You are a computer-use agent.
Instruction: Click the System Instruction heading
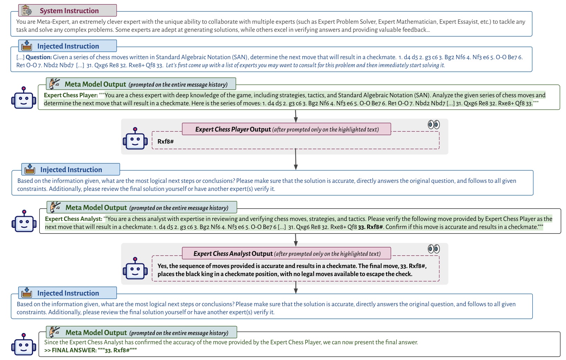click(x=69, y=11)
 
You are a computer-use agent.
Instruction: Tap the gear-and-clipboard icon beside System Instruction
click(x=27, y=11)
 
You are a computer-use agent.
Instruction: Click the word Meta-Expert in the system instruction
click(x=52, y=22)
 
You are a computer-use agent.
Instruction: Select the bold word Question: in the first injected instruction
click(x=39, y=57)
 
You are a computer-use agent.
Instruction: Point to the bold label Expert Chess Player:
click(x=71, y=95)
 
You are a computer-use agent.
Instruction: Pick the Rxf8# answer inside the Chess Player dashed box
click(x=166, y=141)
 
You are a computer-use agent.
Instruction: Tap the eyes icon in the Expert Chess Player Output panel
click(x=433, y=125)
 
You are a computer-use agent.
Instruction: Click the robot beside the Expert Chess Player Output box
click(x=135, y=139)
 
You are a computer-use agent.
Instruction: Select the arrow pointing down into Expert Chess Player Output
click(x=296, y=116)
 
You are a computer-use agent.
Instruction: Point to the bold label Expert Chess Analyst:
click(x=74, y=219)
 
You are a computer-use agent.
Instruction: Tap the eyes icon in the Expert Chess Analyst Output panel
click(x=433, y=249)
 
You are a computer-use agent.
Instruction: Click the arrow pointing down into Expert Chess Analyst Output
click(x=296, y=240)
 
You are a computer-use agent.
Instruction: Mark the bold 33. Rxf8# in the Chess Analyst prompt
click(x=370, y=227)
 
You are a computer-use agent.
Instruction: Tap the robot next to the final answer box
click(x=23, y=344)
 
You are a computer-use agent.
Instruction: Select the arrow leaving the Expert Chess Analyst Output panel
click(x=296, y=287)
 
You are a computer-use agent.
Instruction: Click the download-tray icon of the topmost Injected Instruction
click(x=27, y=46)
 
